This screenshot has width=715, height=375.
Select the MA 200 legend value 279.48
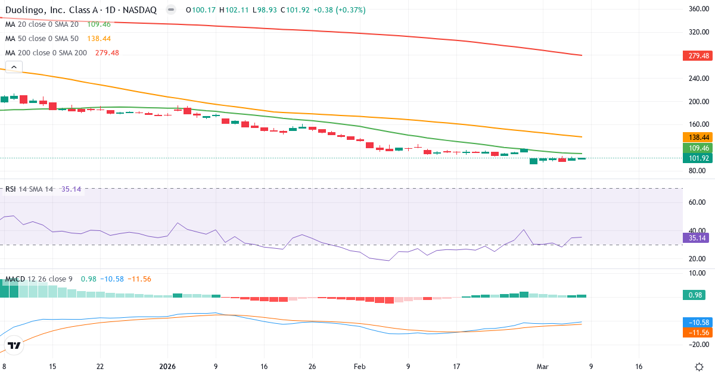(x=107, y=53)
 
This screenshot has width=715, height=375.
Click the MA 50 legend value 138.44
(x=99, y=39)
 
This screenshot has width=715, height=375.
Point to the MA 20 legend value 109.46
(x=98, y=24)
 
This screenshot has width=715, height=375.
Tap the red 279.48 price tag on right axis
(x=698, y=56)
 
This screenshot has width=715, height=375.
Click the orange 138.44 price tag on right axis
(x=698, y=137)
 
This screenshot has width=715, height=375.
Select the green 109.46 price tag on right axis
(x=698, y=148)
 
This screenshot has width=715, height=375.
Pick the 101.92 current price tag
(x=698, y=158)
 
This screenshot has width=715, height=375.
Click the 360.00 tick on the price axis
(x=698, y=9)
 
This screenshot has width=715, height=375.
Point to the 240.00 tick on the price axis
(x=698, y=79)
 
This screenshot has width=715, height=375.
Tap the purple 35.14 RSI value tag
(x=698, y=237)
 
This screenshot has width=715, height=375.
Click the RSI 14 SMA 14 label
(x=29, y=189)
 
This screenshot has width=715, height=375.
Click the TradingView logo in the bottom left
(x=14, y=345)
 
